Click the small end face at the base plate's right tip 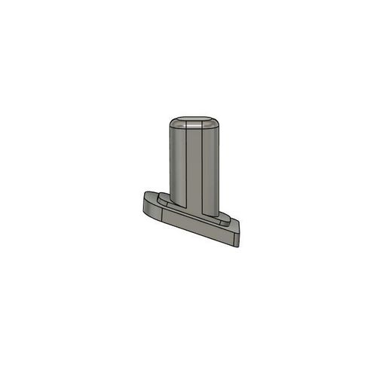click(239, 240)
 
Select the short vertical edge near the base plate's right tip click(236, 240)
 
